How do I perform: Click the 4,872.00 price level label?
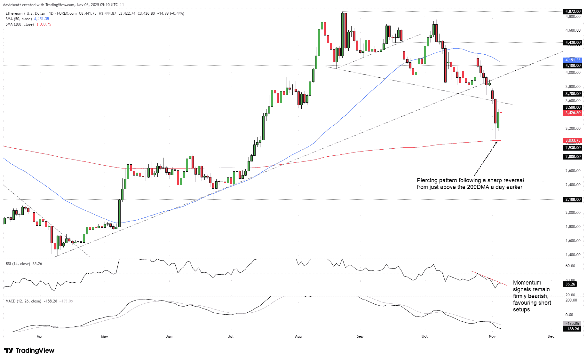pos(573,12)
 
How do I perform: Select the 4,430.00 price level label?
pos(573,43)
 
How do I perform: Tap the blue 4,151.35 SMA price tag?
pos(573,60)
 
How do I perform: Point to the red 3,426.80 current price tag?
pos(573,113)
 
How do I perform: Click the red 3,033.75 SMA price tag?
pos(573,140)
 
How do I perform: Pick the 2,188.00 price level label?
pos(573,200)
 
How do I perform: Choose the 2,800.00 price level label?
pos(573,157)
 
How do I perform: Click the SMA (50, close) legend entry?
pos(19,19)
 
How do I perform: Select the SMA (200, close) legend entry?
pos(20,24)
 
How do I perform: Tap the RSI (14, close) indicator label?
pos(18,264)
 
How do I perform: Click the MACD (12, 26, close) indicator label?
pos(23,301)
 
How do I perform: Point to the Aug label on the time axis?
pos(298,336)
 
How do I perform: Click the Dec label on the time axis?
pos(551,336)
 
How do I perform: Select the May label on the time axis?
pos(104,336)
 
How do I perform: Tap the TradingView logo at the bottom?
pos(29,350)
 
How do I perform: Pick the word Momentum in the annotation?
pos(527,283)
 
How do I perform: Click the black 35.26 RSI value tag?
pos(570,284)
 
